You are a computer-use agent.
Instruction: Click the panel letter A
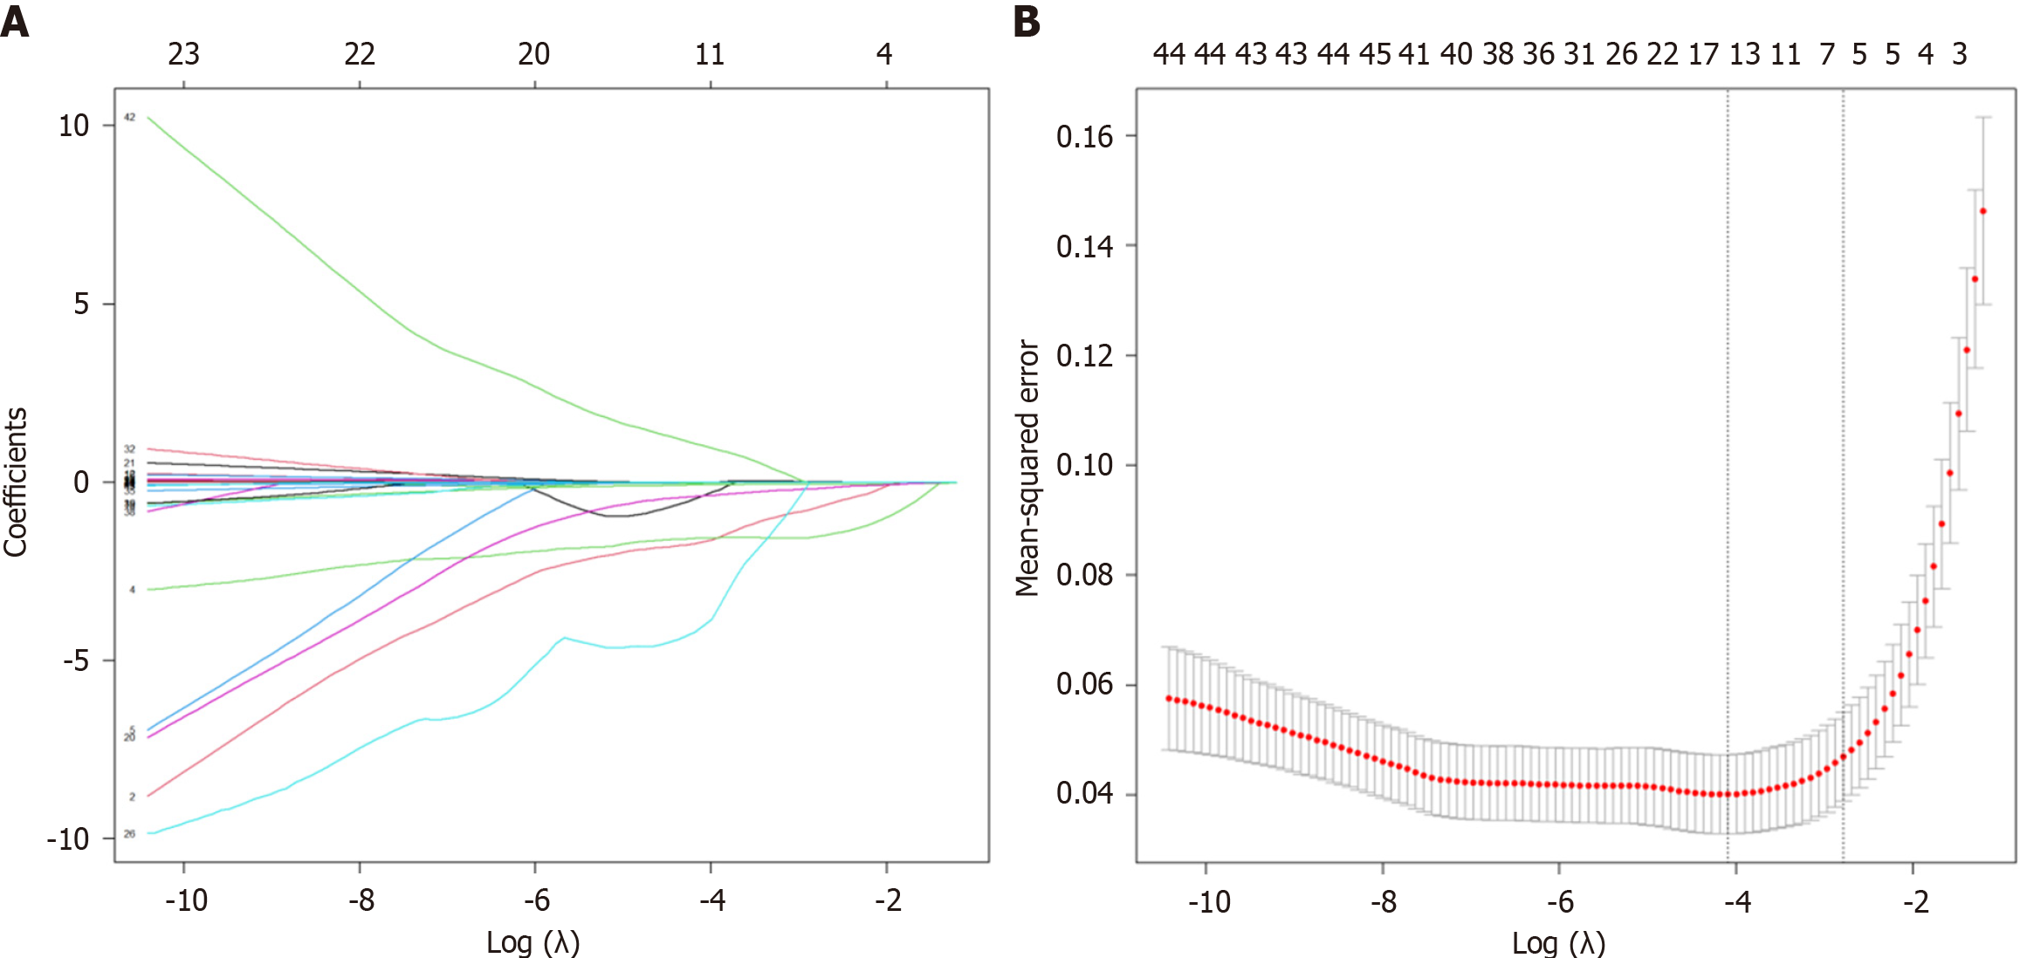click(15, 21)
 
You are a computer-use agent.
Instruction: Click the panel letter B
click(1027, 21)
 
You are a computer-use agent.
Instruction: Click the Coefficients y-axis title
click(16, 482)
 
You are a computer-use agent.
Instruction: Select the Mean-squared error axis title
click(1027, 469)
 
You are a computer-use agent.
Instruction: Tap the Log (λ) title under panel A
click(532, 942)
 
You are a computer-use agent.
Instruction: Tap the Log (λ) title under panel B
click(1558, 942)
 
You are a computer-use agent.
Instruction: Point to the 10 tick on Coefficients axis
click(74, 126)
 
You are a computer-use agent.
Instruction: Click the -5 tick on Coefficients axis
click(75, 660)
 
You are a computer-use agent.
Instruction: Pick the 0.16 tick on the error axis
click(1084, 136)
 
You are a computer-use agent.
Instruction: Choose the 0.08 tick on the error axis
click(1084, 575)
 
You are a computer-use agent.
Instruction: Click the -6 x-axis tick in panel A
click(536, 900)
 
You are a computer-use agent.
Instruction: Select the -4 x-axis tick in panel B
click(1736, 901)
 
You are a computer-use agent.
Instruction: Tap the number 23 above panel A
click(183, 54)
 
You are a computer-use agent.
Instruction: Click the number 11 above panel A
click(710, 54)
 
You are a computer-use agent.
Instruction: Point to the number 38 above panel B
click(1498, 54)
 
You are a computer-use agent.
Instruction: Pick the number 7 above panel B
click(1827, 54)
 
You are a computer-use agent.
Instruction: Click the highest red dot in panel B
click(1983, 211)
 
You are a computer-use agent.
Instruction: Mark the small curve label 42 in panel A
click(129, 117)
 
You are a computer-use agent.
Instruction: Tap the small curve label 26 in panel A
click(129, 834)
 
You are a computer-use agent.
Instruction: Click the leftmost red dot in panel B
click(1169, 698)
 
